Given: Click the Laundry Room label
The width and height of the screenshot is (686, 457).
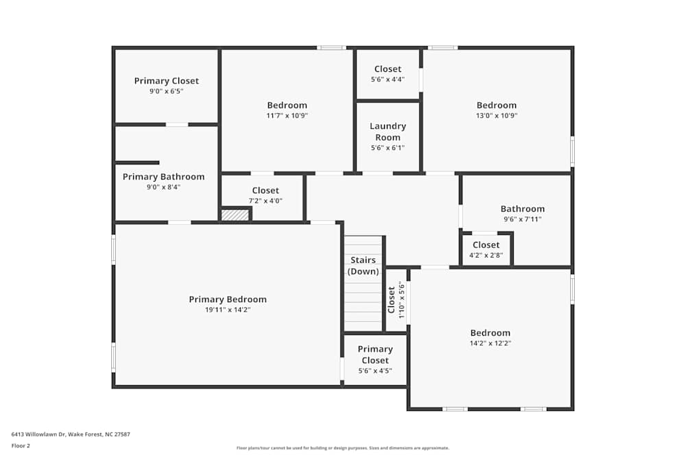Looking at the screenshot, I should (x=388, y=132).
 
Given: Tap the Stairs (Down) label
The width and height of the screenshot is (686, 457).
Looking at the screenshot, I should (x=363, y=266).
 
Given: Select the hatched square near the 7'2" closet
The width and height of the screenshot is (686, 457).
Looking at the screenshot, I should (x=235, y=214).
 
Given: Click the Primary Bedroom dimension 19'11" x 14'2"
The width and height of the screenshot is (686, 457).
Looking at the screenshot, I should (x=228, y=310).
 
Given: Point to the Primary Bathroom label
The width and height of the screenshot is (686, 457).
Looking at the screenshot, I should (x=163, y=177).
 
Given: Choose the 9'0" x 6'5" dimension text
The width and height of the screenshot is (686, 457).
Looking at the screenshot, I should (x=167, y=91).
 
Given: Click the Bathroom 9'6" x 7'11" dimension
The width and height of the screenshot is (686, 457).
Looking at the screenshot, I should (x=523, y=219).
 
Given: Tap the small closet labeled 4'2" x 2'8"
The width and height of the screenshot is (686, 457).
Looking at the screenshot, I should (x=486, y=249).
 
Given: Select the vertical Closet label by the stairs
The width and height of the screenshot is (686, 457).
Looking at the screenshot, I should (x=392, y=300).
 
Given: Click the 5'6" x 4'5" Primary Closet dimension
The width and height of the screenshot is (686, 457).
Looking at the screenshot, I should (x=375, y=371).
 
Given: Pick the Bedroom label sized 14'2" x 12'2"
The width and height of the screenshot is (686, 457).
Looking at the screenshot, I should (x=490, y=333).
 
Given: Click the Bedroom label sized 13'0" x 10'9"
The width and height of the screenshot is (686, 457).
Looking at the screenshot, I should (x=497, y=106).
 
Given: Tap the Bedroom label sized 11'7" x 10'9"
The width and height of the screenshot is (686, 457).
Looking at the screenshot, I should (x=287, y=106).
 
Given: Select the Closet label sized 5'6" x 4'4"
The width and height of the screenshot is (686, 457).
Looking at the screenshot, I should (x=388, y=69).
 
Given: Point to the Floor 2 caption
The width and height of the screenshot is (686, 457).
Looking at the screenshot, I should (x=21, y=445).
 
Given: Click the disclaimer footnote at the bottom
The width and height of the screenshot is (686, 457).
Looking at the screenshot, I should (x=342, y=448).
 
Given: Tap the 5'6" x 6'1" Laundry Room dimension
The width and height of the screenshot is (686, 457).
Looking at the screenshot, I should (x=388, y=148).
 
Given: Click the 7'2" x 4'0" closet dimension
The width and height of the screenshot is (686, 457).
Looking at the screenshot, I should (x=265, y=201).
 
